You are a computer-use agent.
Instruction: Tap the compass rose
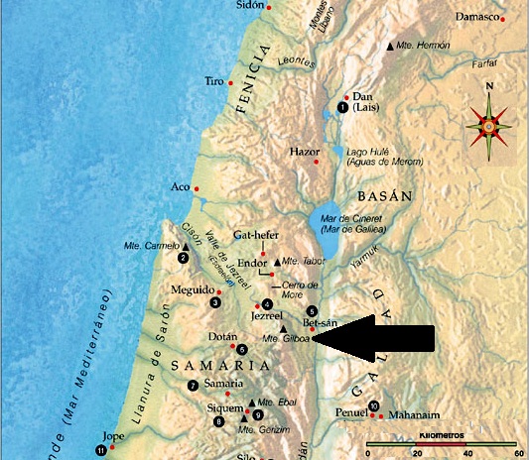pos(488,126)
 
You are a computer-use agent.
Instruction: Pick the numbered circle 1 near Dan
pos(342,107)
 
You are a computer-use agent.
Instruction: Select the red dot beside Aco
pos(198,188)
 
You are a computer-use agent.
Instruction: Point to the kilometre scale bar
pos(443,443)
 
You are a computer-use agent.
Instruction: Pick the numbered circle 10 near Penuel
pos(373,405)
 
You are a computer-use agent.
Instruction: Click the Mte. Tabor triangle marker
pos(277,261)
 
